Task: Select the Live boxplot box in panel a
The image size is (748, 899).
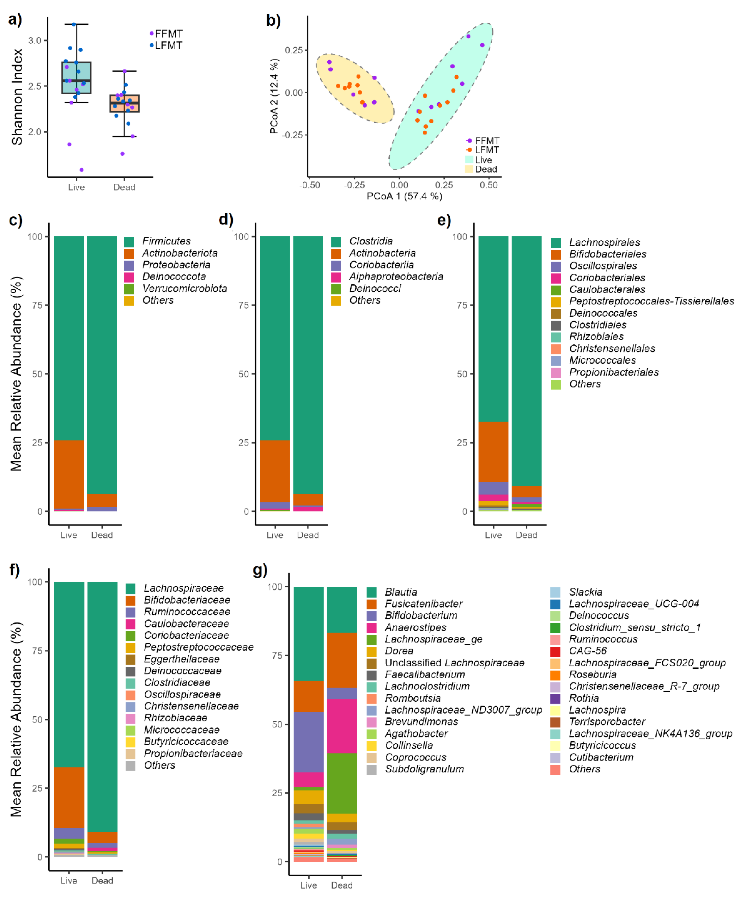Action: click(76, 77)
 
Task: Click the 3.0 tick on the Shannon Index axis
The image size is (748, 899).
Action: click(35, 41)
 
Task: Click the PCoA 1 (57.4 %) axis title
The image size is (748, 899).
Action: click(404, 196)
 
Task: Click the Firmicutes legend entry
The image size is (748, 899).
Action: click(166, 241)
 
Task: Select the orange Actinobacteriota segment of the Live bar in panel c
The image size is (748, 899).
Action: click(69, 474)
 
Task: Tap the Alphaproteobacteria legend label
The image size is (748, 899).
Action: click(396, 277)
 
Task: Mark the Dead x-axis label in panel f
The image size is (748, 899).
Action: click(102, 881)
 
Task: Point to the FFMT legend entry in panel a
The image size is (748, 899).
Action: click(168, 33)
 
